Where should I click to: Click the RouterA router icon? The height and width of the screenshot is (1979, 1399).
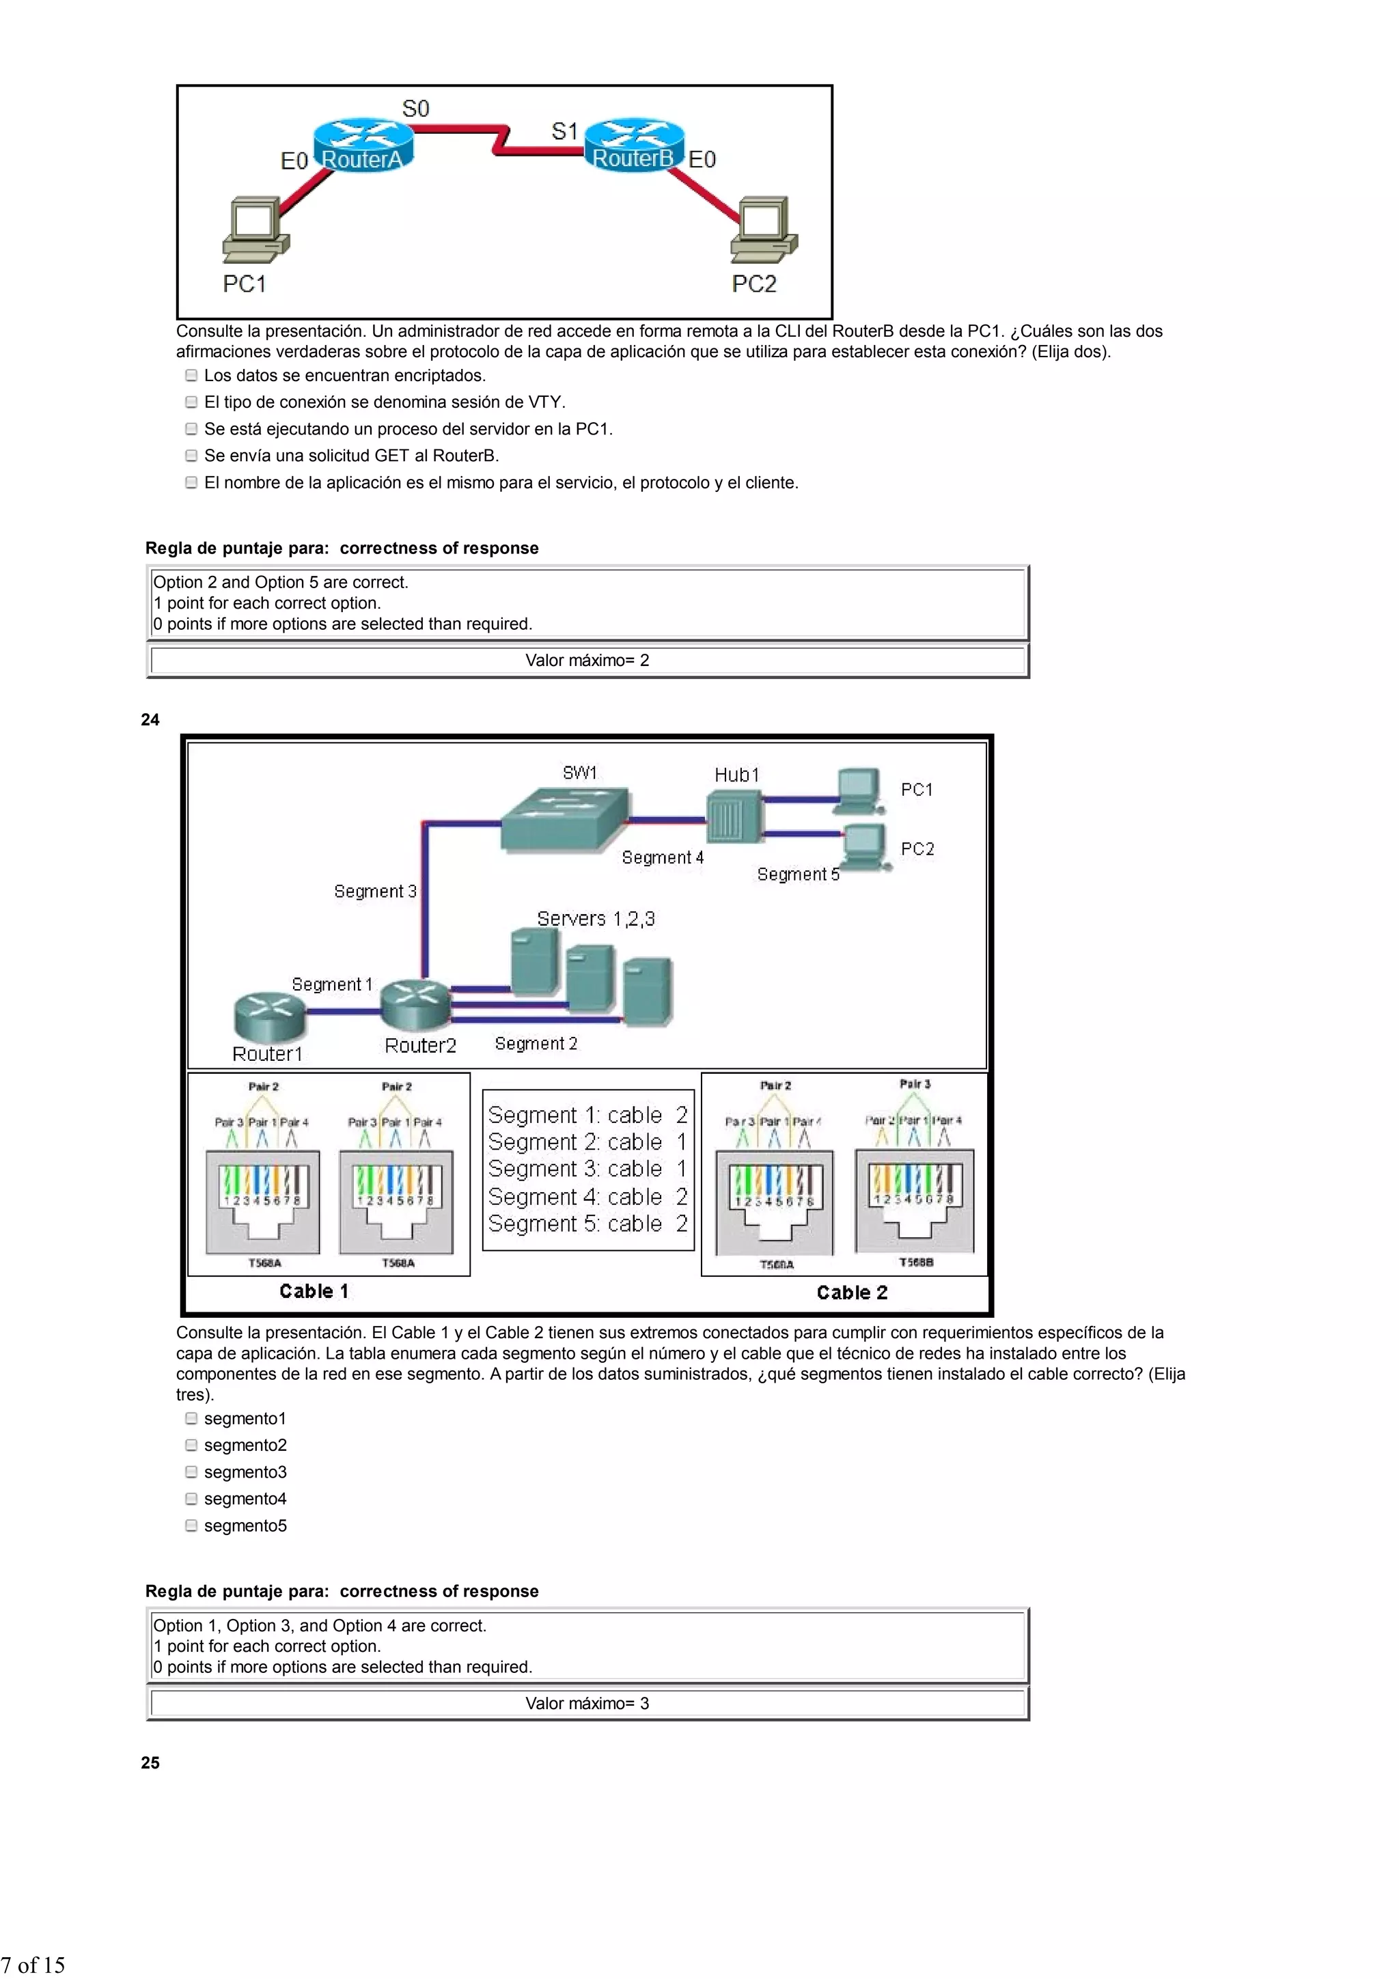click(x=363, y=142)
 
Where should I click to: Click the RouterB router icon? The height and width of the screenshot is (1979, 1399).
click(x=633, y=142)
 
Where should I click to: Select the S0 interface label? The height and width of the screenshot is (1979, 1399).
click(x=415, y=109)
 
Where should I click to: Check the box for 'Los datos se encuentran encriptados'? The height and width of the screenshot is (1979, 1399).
click(x=191, y=375)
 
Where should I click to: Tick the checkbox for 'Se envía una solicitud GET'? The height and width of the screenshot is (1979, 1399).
click(x=191, y=455)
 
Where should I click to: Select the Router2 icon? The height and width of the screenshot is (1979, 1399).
click(x=415, y=1004)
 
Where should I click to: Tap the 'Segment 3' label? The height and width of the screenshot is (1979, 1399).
click(x=375, y=891)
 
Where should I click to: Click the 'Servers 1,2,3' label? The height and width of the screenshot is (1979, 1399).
click(x=596, y=919)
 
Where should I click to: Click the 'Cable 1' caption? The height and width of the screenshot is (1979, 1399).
click(x=314, y=1291)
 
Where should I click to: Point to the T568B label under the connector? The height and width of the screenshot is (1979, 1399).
click(x=915, y=1262)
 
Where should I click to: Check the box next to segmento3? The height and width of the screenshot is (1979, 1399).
click(x=191, y=1471)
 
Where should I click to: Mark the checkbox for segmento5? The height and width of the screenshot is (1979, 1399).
click(x=191, y=1525)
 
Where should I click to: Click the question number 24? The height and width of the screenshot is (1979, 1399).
click(x=150, y=720)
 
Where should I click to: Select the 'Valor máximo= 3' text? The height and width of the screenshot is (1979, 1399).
click(x=587, y=1703)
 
